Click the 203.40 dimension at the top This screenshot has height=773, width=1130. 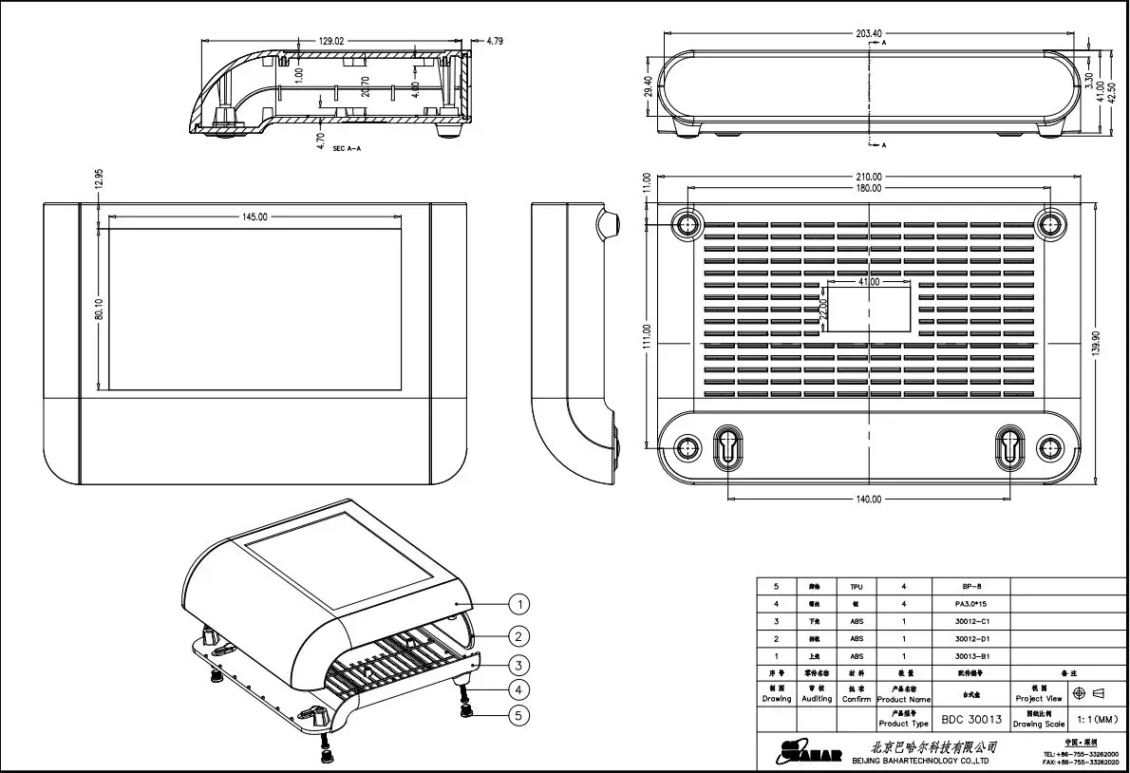868,33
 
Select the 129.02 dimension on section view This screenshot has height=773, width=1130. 330,42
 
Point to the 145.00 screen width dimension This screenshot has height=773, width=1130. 254,217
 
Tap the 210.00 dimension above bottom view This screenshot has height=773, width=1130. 868,177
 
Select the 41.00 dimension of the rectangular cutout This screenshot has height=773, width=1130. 869,282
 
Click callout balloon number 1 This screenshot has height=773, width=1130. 518,603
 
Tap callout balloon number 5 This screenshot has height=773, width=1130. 518,716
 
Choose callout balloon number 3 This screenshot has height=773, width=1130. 518,664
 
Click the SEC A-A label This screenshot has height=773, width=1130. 348,150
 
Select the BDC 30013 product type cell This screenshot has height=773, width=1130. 971,719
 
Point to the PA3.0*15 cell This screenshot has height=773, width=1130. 971,604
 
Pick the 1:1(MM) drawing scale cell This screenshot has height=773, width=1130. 1097,719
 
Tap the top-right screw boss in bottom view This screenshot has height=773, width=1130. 1050,224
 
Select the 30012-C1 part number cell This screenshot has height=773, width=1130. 971,621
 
